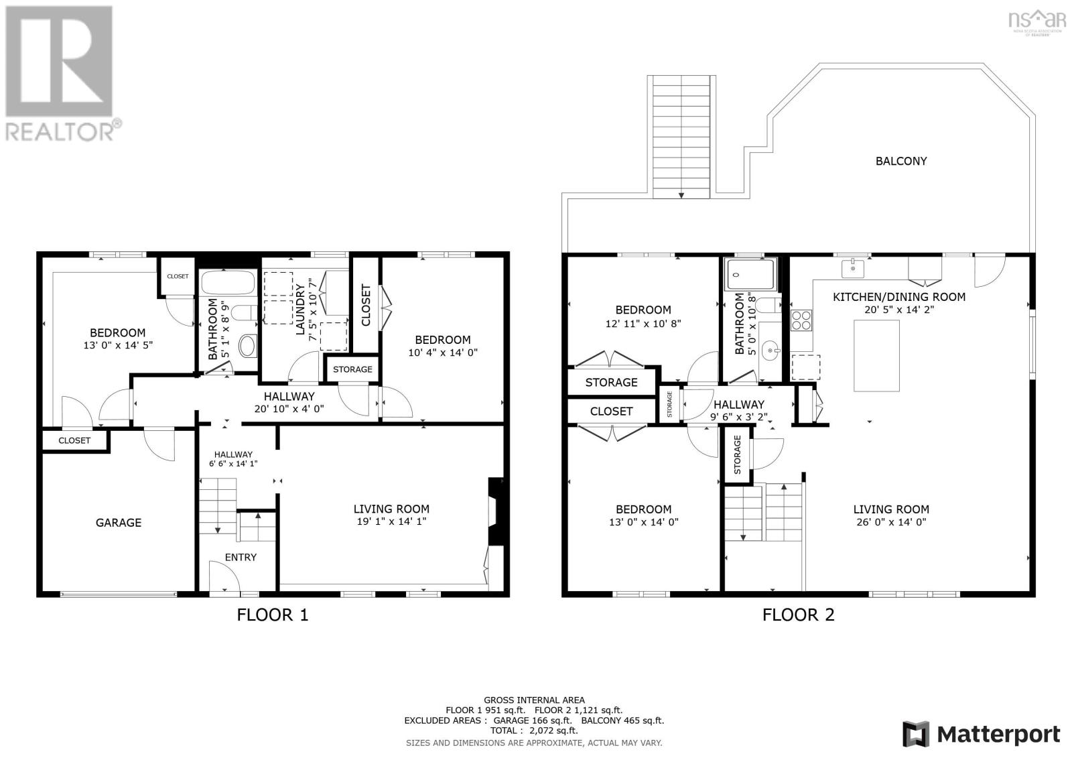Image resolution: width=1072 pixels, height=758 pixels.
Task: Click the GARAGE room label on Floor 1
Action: pos(118,522)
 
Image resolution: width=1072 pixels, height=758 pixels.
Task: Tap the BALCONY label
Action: pos(901,162)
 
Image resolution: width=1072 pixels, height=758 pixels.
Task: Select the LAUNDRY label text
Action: pos(300,310)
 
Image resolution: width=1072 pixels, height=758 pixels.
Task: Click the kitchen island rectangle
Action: pos(877,356)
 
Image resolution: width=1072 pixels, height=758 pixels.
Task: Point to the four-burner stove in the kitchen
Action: pos(801,320)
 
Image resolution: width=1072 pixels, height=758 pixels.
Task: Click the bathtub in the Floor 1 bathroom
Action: pos(228,283)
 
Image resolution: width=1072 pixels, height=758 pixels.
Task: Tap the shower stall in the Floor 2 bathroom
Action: pos(750,274)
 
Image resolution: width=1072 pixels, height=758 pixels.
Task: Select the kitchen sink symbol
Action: pos(853,268)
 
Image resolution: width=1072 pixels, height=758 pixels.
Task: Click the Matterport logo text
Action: pos(999,735)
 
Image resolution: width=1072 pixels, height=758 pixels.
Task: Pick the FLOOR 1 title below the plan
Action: pos(273,615)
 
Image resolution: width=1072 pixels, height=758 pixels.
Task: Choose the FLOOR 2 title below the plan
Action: pos(798,615)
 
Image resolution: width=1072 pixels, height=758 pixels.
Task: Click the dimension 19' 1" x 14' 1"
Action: pos(391,521)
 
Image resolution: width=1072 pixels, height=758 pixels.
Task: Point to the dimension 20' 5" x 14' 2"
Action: pos(899,310)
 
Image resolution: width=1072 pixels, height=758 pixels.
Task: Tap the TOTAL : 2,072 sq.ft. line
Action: pos(534,731)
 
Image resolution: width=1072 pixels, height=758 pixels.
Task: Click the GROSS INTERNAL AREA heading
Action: pos(534,700)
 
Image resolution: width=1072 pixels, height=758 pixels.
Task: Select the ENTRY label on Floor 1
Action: pos(241,558)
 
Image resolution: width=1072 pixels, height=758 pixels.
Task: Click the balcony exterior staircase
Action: pos(681,137)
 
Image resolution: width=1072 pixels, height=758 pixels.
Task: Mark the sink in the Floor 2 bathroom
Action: pos(770,351)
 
